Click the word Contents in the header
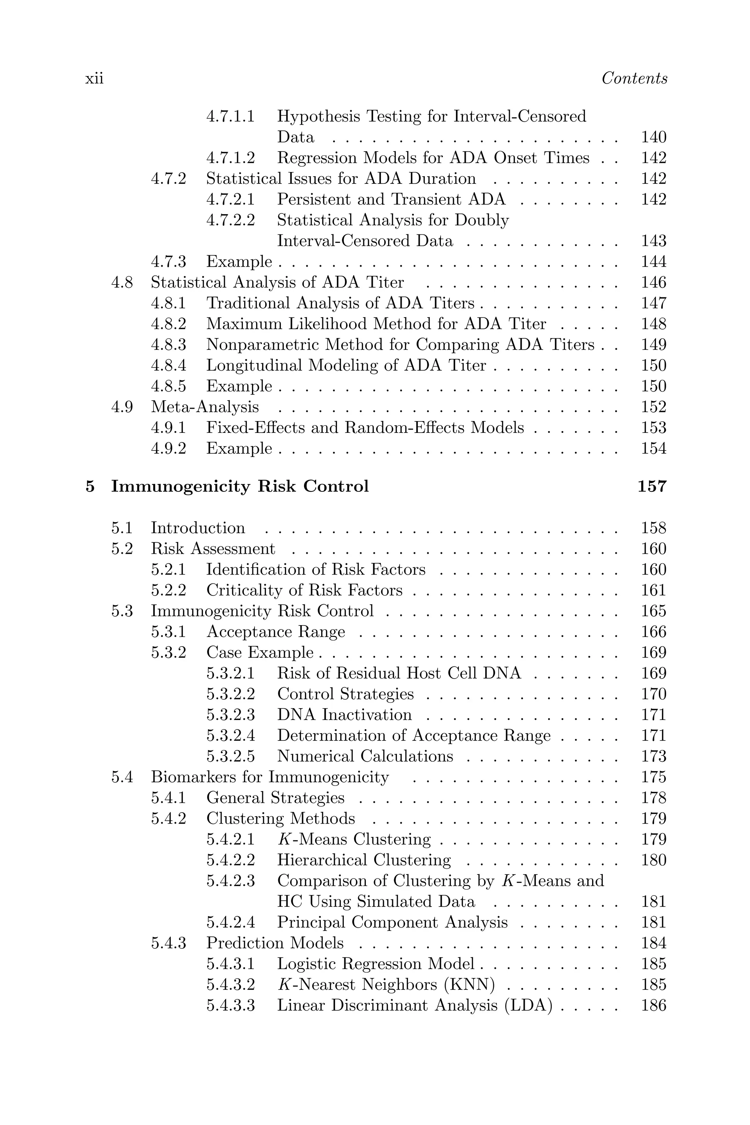pyautogui.click(x=634, y=78)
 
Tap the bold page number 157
pyautogui.click(x=652, y=486)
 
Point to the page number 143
pyautogui.click(x=653, y=241)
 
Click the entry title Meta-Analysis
pyautogui.click(x=205, y=407)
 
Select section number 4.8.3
pyautogui.click(x=168, y=345)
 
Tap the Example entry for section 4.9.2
pyautogui.click(x=239, y=449)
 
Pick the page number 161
pyautogui.click(x=653, y=590)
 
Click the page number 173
pyautogui.click(x=653, y=757)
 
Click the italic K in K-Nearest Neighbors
pyautogui.click(x=282, y=985)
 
